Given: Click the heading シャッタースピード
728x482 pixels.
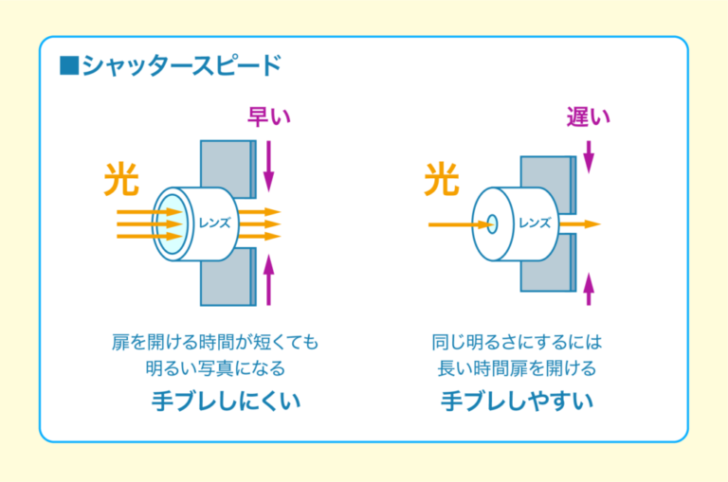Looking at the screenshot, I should coord(181,66).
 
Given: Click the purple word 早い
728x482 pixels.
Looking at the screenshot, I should coord(268,116).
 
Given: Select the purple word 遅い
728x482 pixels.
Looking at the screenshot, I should coord(588,116).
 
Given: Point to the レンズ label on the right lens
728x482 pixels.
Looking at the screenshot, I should coord(534,223).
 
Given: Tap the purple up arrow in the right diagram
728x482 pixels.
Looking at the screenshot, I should coord(589,287).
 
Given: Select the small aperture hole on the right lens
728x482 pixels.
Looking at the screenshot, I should coord(493,224).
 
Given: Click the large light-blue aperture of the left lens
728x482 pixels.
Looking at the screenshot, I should coord(171,224).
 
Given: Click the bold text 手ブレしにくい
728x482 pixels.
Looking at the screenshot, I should coord(226,401).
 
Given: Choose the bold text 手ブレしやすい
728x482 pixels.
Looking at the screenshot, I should coord(518,401).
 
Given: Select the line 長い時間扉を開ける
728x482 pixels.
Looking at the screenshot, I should coord(518,367).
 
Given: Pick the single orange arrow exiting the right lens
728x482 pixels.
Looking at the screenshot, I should coord(585,224).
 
